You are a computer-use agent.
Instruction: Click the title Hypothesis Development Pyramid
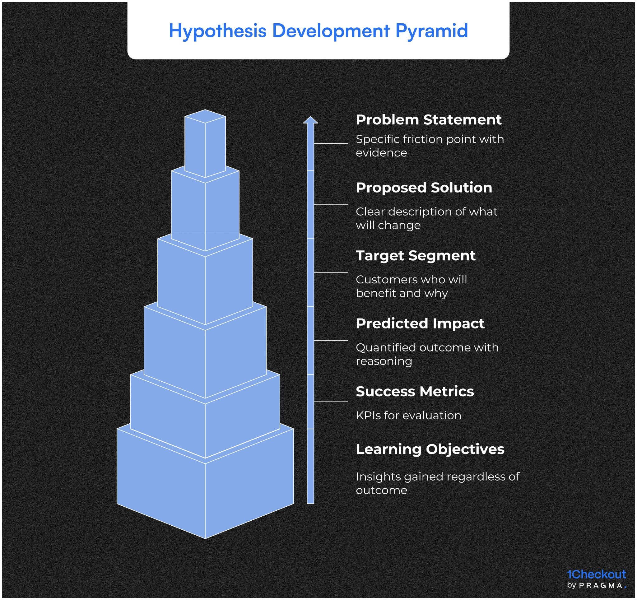tap(318, 31)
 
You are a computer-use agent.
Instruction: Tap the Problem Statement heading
tap(428, 119)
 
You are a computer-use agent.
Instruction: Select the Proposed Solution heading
tap(424, 188)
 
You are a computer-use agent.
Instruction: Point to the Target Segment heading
tap(416, 255)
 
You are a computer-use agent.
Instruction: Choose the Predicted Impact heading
tap(420, 323)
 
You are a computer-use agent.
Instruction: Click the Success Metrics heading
tap(415, 391)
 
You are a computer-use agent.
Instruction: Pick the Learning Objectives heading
tap(430, 449)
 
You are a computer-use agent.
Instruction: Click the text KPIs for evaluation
tap(408, 415)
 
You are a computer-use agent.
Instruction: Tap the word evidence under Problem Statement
tap(381, 153)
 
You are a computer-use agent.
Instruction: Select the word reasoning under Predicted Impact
tap(384, 361)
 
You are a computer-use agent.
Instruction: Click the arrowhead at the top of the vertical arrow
tap(310, 120)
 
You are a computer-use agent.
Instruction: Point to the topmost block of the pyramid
tap(205, 144)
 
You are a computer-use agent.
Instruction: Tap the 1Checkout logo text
tap(596, 574)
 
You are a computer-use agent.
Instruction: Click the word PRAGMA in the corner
tap(601, 586)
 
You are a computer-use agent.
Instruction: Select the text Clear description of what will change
tap(426, 218)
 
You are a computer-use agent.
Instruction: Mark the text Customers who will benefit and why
tap(411, 286)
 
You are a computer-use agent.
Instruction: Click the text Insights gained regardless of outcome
tap(437, 483)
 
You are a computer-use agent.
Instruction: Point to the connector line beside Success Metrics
tap(331, 402)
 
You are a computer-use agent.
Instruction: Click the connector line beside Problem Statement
tap(331, 144)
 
